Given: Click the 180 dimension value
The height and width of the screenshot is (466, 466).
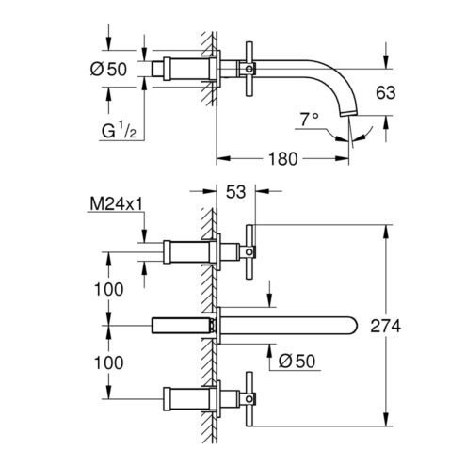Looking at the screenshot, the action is tap(282, 159).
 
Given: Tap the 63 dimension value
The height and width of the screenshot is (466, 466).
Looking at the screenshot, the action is tap(386, 92).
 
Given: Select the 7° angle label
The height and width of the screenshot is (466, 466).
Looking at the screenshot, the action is tap(310, 120).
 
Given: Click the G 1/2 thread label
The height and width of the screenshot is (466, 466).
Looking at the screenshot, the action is tap(119, 131).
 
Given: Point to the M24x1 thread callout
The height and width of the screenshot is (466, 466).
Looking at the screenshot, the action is tap(117, 204).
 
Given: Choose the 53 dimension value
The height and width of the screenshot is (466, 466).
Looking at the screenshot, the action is tap(235, 192).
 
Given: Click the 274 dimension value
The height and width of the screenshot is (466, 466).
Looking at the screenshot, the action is tap(386, 326).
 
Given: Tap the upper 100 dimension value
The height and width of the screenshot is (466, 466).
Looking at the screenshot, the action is tap(109, 289).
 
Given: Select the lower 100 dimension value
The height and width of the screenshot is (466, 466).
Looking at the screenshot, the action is tap(109, 362).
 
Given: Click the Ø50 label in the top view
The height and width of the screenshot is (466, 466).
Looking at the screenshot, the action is tap(108, 69).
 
